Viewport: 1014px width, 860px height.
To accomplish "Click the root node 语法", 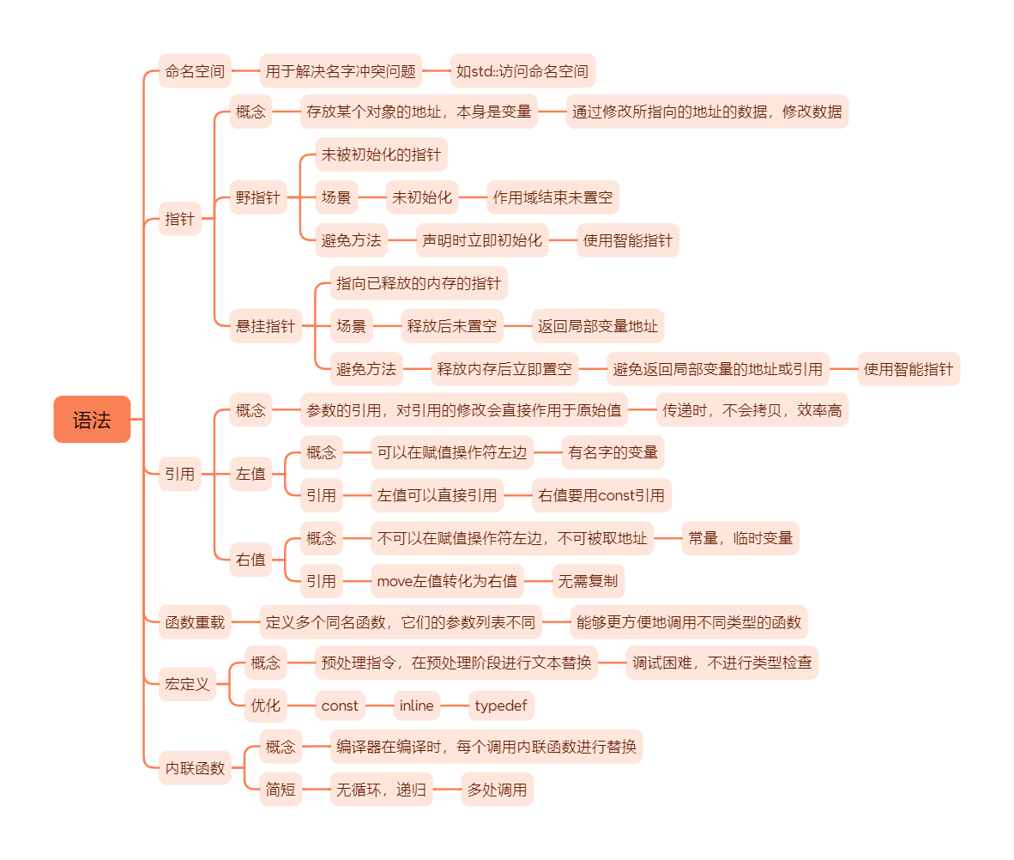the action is (x=92, y=420).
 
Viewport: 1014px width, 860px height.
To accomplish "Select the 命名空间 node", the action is (x=196, y=71).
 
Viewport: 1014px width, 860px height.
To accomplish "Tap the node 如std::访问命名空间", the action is (x=522, y=71).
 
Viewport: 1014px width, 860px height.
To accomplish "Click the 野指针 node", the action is (x=257, y=198).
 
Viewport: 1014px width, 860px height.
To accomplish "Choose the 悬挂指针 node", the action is (x=265, y=326).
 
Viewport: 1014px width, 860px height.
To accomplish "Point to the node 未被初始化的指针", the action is (x=381, y=155).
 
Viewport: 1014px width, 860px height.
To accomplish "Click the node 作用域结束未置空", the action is (x=552, y=198).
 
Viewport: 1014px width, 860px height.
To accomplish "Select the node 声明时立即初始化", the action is (x=482, y=240).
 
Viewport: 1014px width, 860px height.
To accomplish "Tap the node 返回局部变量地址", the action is (x=598, y=326).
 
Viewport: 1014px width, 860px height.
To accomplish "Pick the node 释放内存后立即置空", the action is (x=504, y=370).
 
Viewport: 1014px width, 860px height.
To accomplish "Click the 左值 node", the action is (x=250, y=474).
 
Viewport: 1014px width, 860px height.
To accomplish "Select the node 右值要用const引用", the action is (x=601, y=495).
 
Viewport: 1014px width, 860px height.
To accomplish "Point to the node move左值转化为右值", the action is (x=448, y=581).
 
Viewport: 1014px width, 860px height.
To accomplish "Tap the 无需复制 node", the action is (x=588, y=581).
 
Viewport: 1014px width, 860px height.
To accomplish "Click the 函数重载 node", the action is (x=196, y=622).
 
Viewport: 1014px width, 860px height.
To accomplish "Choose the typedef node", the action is (x=502, y=706).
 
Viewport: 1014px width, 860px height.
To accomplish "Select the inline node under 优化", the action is (x=417, y=706).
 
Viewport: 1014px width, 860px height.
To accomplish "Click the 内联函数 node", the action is (x=196, y=768).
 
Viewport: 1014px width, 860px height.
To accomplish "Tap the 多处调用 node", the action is (x=497, y=790).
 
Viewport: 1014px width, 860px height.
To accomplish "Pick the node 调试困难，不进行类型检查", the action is (x=722, y=663).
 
